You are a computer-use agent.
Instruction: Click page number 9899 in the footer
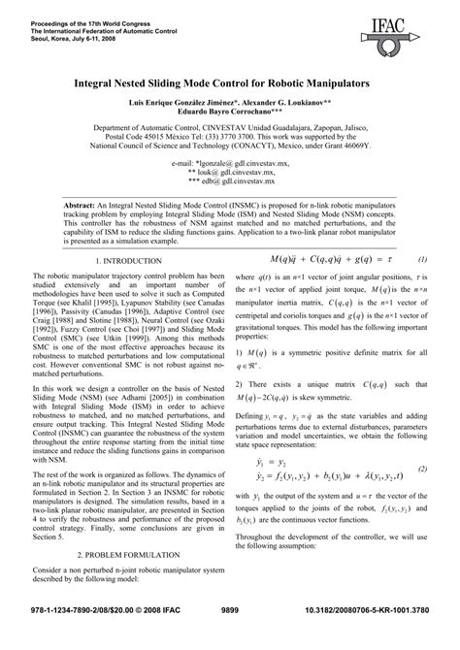click(x=230, y=634)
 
